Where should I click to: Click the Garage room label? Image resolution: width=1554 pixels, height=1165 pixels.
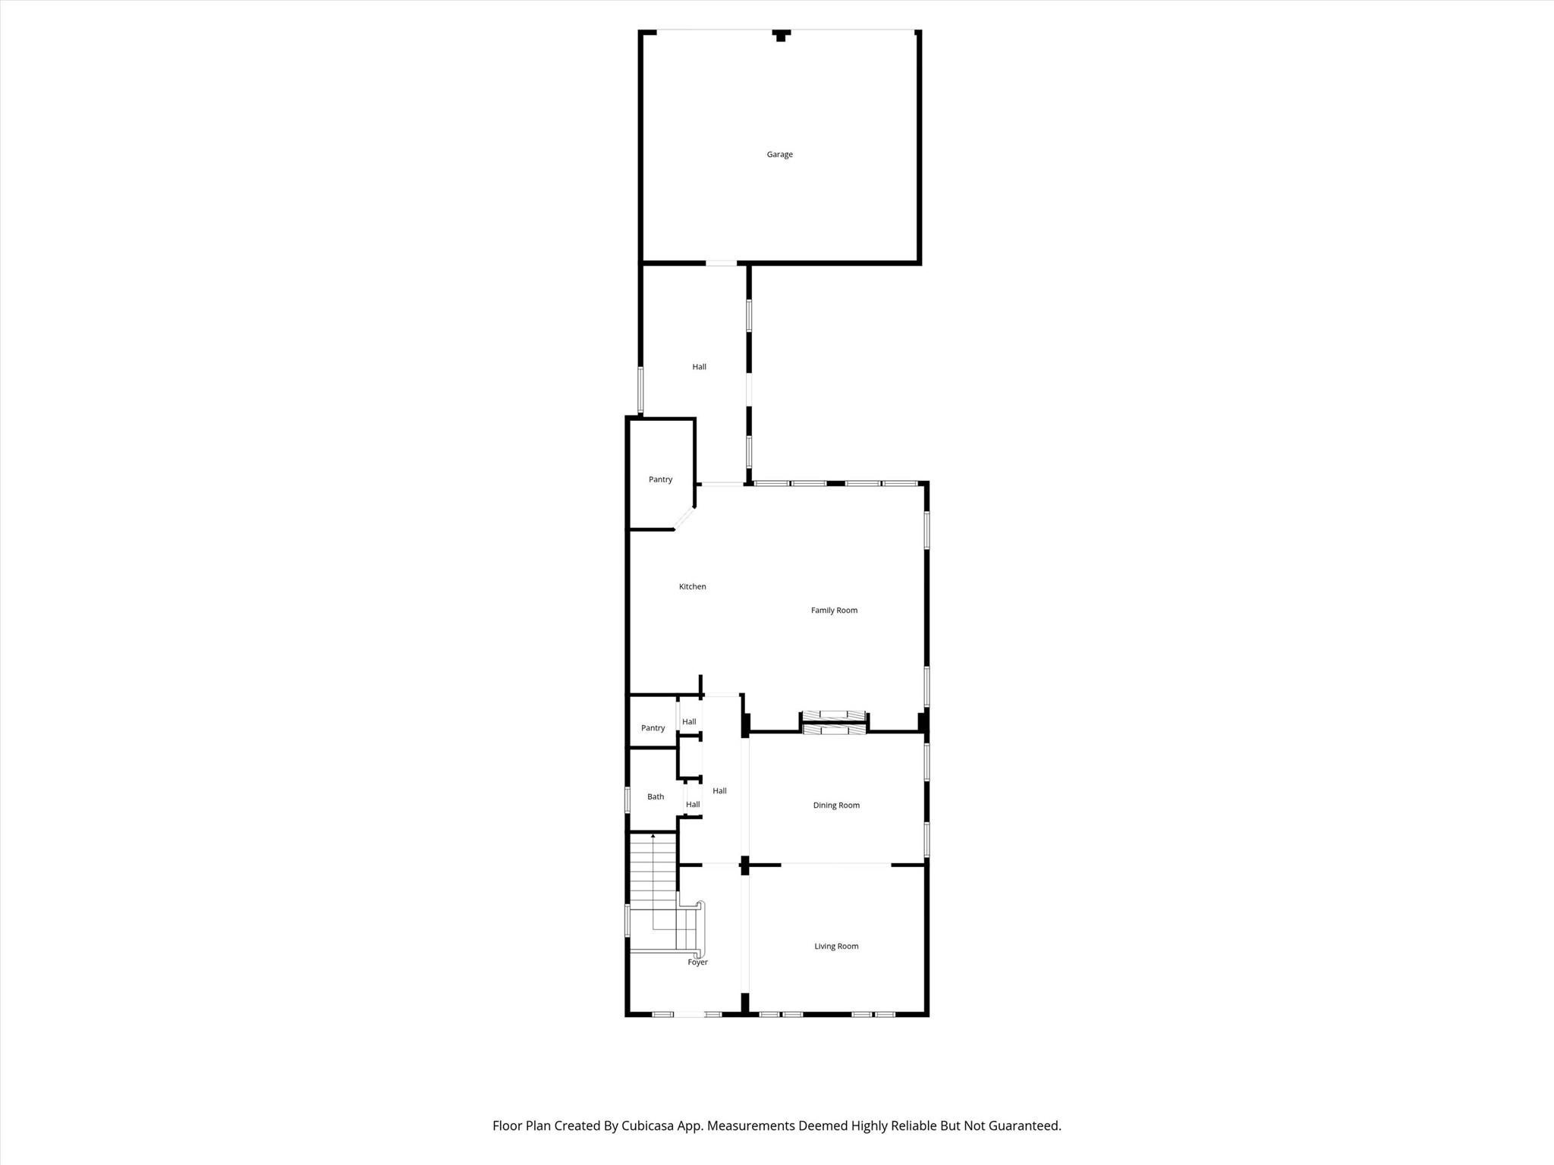(779, 155)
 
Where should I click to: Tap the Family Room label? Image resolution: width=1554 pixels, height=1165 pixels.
(834, 611)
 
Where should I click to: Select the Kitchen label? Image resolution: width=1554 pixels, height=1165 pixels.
(692, 587)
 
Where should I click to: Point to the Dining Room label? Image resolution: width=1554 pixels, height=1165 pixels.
(836, 805)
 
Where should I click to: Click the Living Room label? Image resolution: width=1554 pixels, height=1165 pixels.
(836, 947)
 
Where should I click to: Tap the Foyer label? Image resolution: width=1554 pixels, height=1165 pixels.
(697, 962)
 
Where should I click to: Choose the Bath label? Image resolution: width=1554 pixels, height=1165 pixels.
(656, 797)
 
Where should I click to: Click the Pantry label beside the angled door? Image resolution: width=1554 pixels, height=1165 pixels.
(660, 480)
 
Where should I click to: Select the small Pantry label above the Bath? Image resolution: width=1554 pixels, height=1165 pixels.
(653, 728)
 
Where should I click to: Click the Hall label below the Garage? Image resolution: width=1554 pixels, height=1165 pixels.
(699, 367)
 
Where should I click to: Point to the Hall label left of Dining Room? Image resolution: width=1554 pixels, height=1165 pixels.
(719, 791)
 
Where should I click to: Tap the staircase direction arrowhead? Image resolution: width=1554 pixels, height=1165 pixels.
(653, 836)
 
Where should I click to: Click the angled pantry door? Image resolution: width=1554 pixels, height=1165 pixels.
(684, 517)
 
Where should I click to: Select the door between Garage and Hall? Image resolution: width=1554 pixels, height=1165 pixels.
(721, 263)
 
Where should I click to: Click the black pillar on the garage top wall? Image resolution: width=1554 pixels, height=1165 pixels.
(781, 35)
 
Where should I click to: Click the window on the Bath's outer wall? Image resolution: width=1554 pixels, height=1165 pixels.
(628, 799)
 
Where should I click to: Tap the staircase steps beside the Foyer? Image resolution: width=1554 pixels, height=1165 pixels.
(653, 872)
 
